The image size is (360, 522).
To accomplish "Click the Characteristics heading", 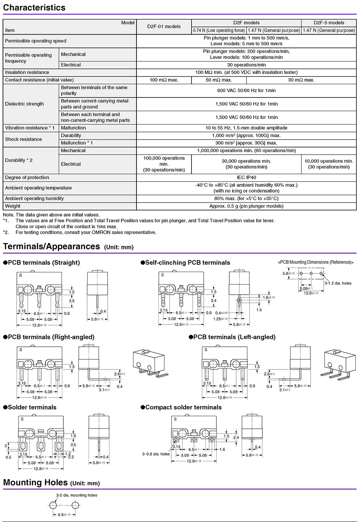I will [x=34, y=8].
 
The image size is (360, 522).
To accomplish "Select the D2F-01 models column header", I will [x=164, y=26].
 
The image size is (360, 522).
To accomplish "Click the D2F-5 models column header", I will [x=329, y=23].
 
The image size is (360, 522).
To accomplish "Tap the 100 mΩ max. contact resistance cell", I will [x=164, y=80].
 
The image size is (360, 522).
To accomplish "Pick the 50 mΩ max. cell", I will [x=219, y=80].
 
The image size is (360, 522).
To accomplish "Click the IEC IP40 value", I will [x=246, y=177].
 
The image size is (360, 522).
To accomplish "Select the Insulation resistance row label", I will [x=27, y=72].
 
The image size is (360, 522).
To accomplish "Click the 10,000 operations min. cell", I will [x=329, y=164].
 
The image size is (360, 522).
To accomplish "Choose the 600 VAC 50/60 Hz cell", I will [x=246, y=90].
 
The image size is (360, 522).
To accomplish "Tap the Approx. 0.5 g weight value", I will [x=246, y=206].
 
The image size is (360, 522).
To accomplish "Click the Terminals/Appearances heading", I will [x=51, y=246].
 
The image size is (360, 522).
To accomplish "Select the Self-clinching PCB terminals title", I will [x=187, y=263].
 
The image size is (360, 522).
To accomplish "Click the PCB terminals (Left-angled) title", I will [x=234, y=337].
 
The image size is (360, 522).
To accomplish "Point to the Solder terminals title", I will [x=32, y=407].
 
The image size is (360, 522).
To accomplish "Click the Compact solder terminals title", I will [x=183, y=407].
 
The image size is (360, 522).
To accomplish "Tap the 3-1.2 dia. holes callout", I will [x=338, y=283].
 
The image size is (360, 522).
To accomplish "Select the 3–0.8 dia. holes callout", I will [x=156, y=454].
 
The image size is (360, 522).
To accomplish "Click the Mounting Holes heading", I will [x=35, y=482].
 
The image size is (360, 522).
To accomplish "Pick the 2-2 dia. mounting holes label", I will [x=77, y=495].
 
